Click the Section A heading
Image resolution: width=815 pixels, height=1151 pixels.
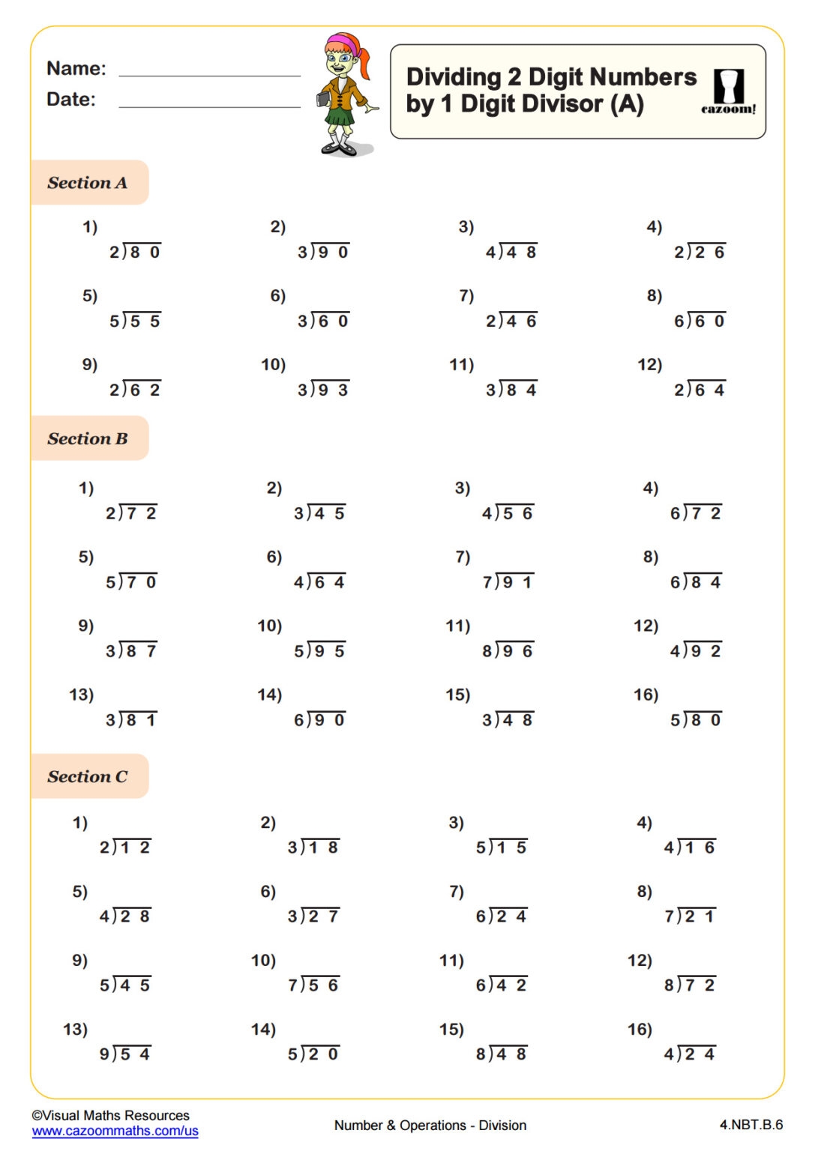coord(88,183)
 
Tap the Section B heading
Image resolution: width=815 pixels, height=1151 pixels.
coord(88,439)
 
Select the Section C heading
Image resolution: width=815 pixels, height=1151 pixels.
coord(88,777)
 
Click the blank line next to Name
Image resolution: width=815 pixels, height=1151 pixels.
coord(209,73)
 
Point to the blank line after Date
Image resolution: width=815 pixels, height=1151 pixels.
coord(209,104)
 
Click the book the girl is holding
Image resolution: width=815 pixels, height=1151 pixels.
coord(323,99)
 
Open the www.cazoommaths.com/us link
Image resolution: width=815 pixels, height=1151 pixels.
coord(115,1131)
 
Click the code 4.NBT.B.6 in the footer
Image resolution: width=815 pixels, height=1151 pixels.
coord(751,1125)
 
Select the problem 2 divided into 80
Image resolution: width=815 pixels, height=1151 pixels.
coord(135,252)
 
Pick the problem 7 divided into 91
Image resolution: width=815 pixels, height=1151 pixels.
coord(508,582)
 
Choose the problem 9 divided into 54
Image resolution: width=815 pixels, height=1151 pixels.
coord(125,1054)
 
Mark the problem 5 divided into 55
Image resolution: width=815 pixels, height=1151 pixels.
coord(135,321)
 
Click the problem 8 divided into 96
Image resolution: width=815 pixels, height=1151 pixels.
coord(508,651)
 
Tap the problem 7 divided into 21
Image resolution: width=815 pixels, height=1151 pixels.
coord(690,916)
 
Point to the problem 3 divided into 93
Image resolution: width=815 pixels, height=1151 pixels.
coord(323,390)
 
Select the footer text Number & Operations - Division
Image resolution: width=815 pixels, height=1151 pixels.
coord(430,1126)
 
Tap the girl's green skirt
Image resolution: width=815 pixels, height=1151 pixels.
coord(339,118)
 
